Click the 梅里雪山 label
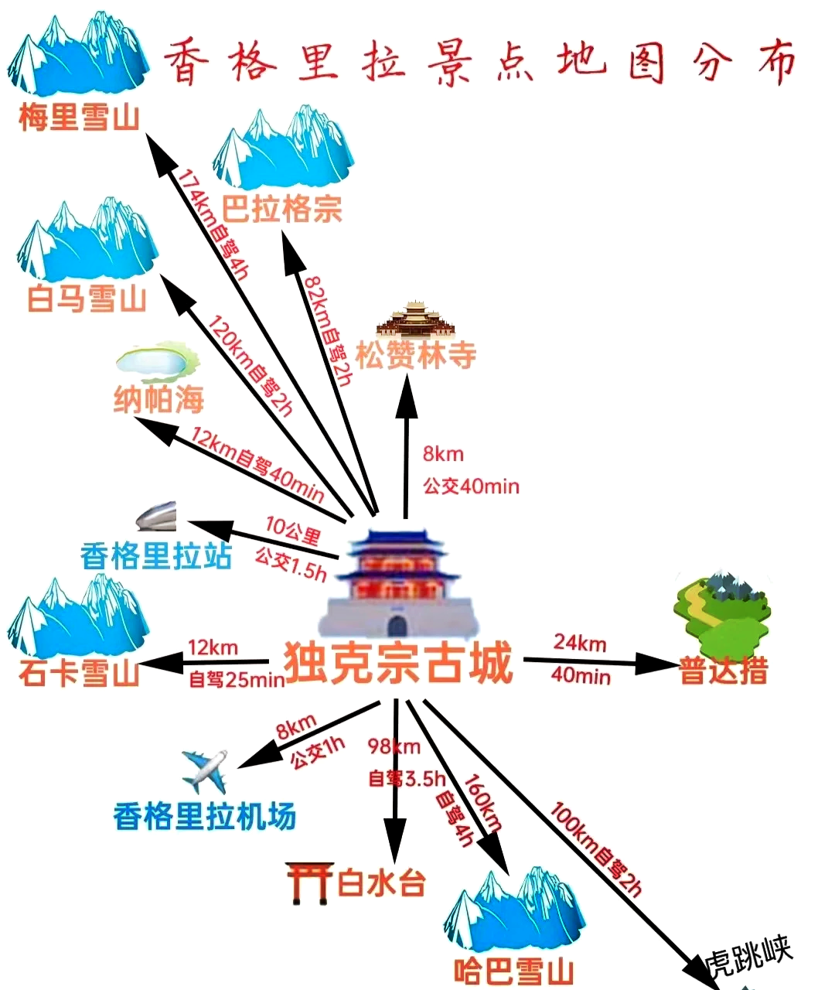pyautogui.click(x=79, y=118)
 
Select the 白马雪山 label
pyautogui.click(x=87, y=298)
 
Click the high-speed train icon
pyautogui.click(x=157, y=516)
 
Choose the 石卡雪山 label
pyautogui.click(x=79, y=672)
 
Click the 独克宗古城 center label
pyautogui.click(x=398, y=663)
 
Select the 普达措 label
pyautogui.click(x=724, y=671)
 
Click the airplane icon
pyautogui.click(x=205, y=770)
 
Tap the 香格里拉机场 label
pyautogui.click(x=205, y=816)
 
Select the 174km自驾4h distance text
pyautogui.click(x=213, y=224)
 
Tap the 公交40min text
pyautogui.click(x=471, y=486)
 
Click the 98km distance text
pyautogui.click(x=394, y=746)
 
